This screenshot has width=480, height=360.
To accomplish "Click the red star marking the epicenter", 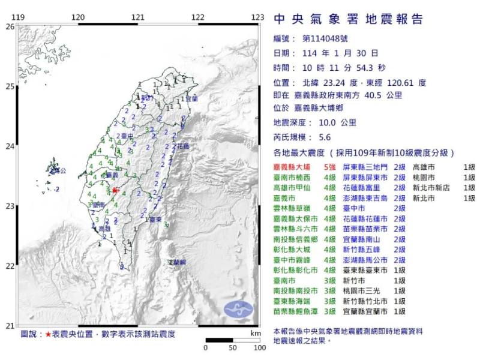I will click(x=115, y=190).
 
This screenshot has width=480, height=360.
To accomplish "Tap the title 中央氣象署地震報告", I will click(x=348, y=19).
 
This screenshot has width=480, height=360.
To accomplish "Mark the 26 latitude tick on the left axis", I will click(x=10, y=26).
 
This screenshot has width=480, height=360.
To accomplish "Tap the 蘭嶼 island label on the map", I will click(x=177, y=262).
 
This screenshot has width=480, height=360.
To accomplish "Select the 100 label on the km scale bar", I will click(x=258, y=347).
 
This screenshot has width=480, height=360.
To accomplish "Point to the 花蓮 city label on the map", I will click(x=182, y=146).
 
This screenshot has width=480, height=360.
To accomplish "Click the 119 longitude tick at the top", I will click(x=18, y=16).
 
